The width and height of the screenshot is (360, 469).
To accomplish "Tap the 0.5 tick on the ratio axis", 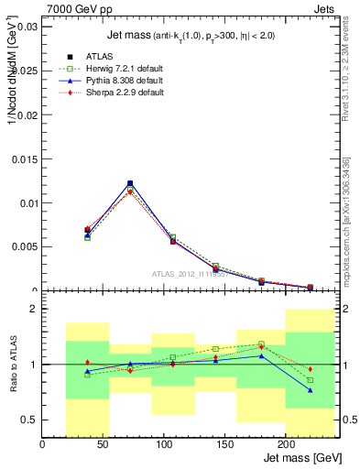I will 27,420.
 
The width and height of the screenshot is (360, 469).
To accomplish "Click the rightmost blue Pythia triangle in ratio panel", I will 310,390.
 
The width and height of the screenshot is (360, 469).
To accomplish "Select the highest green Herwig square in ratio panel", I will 261,344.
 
